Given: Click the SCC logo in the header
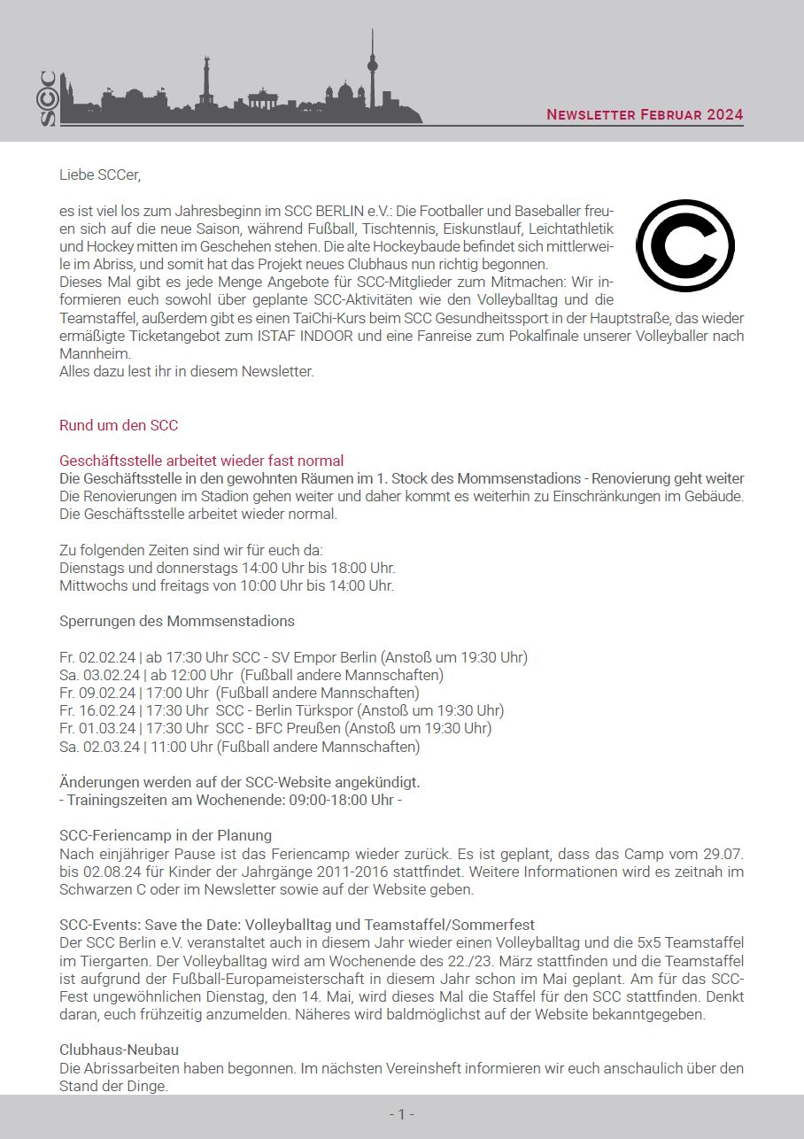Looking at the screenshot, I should [48, 97].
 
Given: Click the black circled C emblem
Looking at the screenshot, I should [684, 245].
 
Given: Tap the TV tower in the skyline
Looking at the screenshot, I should [372, 71].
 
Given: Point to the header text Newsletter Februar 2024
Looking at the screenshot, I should [644, 115].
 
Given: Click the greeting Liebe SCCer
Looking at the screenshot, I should [100, 174].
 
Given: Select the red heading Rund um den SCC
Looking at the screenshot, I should [119, 425].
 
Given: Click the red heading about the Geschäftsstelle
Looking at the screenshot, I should [201, 461].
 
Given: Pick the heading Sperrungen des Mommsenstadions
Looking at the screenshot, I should [177, 621].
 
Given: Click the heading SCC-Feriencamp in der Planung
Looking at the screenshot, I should [166, 835].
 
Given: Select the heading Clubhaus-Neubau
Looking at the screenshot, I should [119, 1050].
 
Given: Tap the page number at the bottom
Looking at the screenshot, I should [401, 1114].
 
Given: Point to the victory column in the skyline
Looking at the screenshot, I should [206, 80].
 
